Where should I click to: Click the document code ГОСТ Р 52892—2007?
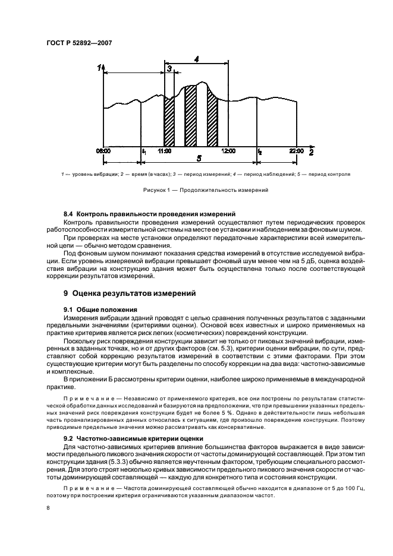78,43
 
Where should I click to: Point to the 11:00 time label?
165,151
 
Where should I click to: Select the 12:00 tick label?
228,151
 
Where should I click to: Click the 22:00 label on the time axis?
297,151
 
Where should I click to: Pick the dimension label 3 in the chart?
170,69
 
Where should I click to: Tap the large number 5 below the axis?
199,159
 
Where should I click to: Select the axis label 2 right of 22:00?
310,153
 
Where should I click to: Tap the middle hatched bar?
190,116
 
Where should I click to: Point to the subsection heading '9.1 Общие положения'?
100,309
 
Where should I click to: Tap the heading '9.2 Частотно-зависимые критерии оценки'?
133,438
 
